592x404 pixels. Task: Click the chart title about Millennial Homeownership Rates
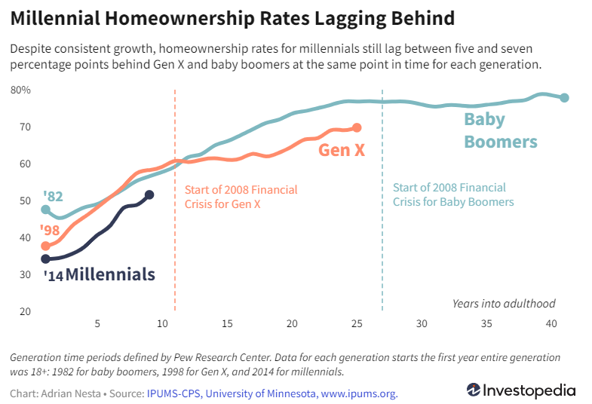pyautogui.click(x=232, y=18)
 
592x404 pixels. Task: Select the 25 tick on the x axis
pyautogui.click(x=357, y=323)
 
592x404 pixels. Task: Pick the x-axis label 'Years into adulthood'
pyautogui.click(x=504, y=304)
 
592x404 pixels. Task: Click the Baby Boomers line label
pyautogui.click(x=500, y=130)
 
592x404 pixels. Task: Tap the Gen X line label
pyautogui.click(x=342, y=150)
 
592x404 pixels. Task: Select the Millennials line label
pyautogui.click(x=110, y=274)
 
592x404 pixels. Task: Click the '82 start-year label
pyautogui.click(x=53, y=197)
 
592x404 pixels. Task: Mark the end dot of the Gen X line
pyautogui.click(x=357, y=128)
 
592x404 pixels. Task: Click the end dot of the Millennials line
pyautogui.click(x=149, y=195)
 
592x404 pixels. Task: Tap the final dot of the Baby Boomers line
pyautogui.click(x=564, y=98)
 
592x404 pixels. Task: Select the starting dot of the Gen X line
pyautogui.click(x=45, y=246)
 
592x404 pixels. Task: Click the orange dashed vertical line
pyautogui.click(x=175, y=226)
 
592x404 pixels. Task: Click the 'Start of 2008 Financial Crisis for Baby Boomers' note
pyautogui.click(x=452, y=194)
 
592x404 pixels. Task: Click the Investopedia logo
pyautogui.click(x=520, y=390)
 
